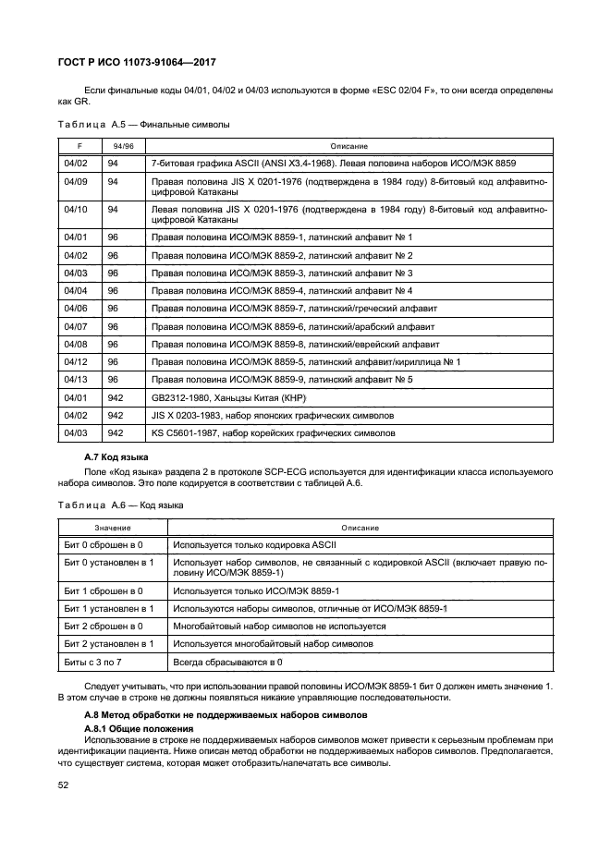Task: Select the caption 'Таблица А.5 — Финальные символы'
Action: click(143, 123)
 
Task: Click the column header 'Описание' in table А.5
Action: click(348, 146)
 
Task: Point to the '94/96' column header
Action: click(122, 146)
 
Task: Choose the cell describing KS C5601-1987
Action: click(273, 432)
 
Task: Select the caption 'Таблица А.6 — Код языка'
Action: click(120, 505)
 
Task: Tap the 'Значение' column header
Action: click(112, 528)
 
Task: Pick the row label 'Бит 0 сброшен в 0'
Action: click(103, 545)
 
